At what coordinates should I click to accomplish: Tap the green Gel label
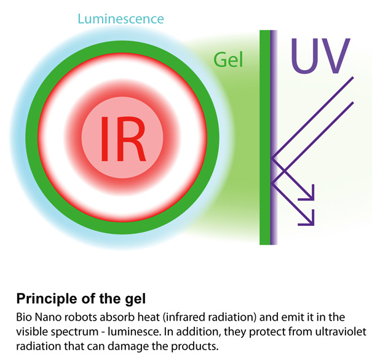[x=229, y=60]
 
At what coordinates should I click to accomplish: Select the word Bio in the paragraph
[x=25, y=318]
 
